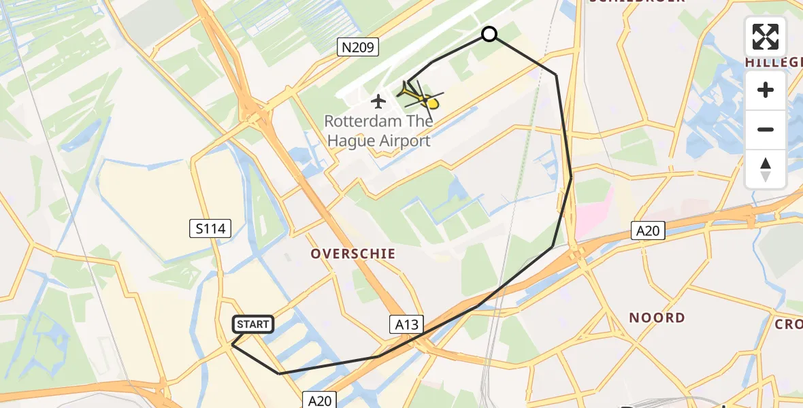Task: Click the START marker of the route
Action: coord(253,324)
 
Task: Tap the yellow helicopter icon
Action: coord(422,97)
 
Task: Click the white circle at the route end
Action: coord(489,34)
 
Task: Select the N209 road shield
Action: coord(358,47)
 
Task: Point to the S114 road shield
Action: coord(210,228)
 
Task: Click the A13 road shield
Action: coord(408,324)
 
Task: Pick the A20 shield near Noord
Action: coord(647,231)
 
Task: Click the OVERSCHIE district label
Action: coord(353,254)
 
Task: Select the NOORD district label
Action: coord(657,318)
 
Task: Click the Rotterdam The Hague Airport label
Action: coord(378,131)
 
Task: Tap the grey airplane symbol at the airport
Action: coord(378,102)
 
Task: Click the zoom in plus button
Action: coord(766,90)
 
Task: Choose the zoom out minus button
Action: coord(766,129)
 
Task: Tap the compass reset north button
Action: coord(766,169)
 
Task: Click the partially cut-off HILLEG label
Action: coord(774,62)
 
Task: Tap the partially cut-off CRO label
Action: coord(788,324)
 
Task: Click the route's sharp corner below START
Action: coord(233,345)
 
